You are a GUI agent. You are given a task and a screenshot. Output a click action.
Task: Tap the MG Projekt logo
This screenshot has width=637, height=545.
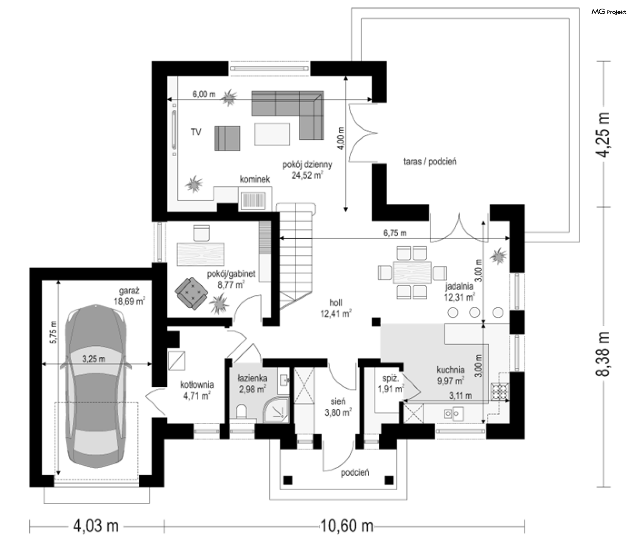609,12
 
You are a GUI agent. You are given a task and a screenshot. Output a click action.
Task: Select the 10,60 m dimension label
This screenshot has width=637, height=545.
346,526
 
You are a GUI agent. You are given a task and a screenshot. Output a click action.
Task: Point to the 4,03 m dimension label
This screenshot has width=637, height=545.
96,526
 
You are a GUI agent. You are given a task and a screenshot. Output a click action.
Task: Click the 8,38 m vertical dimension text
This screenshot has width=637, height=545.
602,354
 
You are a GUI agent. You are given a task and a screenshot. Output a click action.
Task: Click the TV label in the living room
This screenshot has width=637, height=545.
196,132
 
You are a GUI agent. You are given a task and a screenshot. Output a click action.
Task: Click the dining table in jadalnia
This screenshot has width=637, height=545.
412,272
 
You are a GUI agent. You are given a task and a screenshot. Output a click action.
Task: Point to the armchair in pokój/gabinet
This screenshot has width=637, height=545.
191,294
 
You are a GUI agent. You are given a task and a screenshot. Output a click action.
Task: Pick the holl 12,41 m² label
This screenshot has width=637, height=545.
336,308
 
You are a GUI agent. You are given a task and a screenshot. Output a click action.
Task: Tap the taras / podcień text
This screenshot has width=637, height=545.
430,162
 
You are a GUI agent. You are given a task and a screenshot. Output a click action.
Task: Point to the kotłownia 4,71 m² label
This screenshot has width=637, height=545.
197,390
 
